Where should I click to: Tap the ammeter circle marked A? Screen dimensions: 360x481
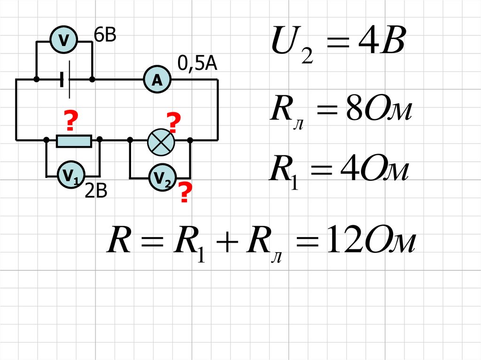(156, 80)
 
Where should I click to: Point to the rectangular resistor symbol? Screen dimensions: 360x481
(74, 140)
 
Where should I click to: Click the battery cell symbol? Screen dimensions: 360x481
(66, 80)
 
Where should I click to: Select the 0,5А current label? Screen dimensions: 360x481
(197, 63)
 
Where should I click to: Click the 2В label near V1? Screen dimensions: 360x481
(96, 191)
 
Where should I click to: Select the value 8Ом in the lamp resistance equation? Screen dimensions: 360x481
(374, 113)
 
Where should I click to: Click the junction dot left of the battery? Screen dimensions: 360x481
(37, 80)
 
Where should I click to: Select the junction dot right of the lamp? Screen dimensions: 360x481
(190, 140)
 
